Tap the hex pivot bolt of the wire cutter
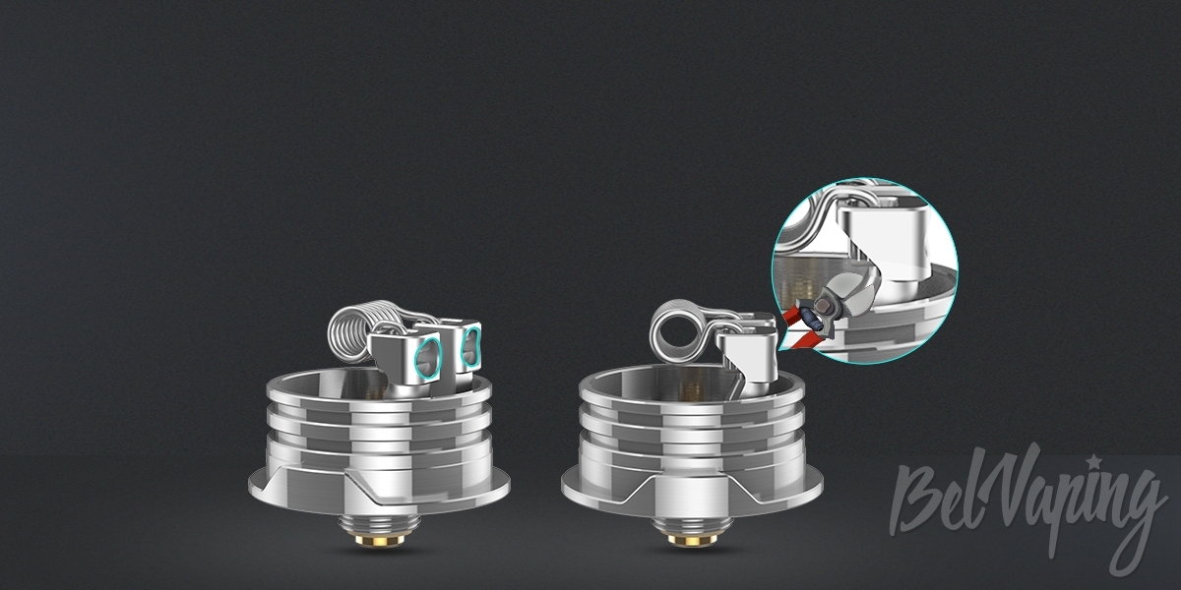822,304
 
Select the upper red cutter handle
792,315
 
